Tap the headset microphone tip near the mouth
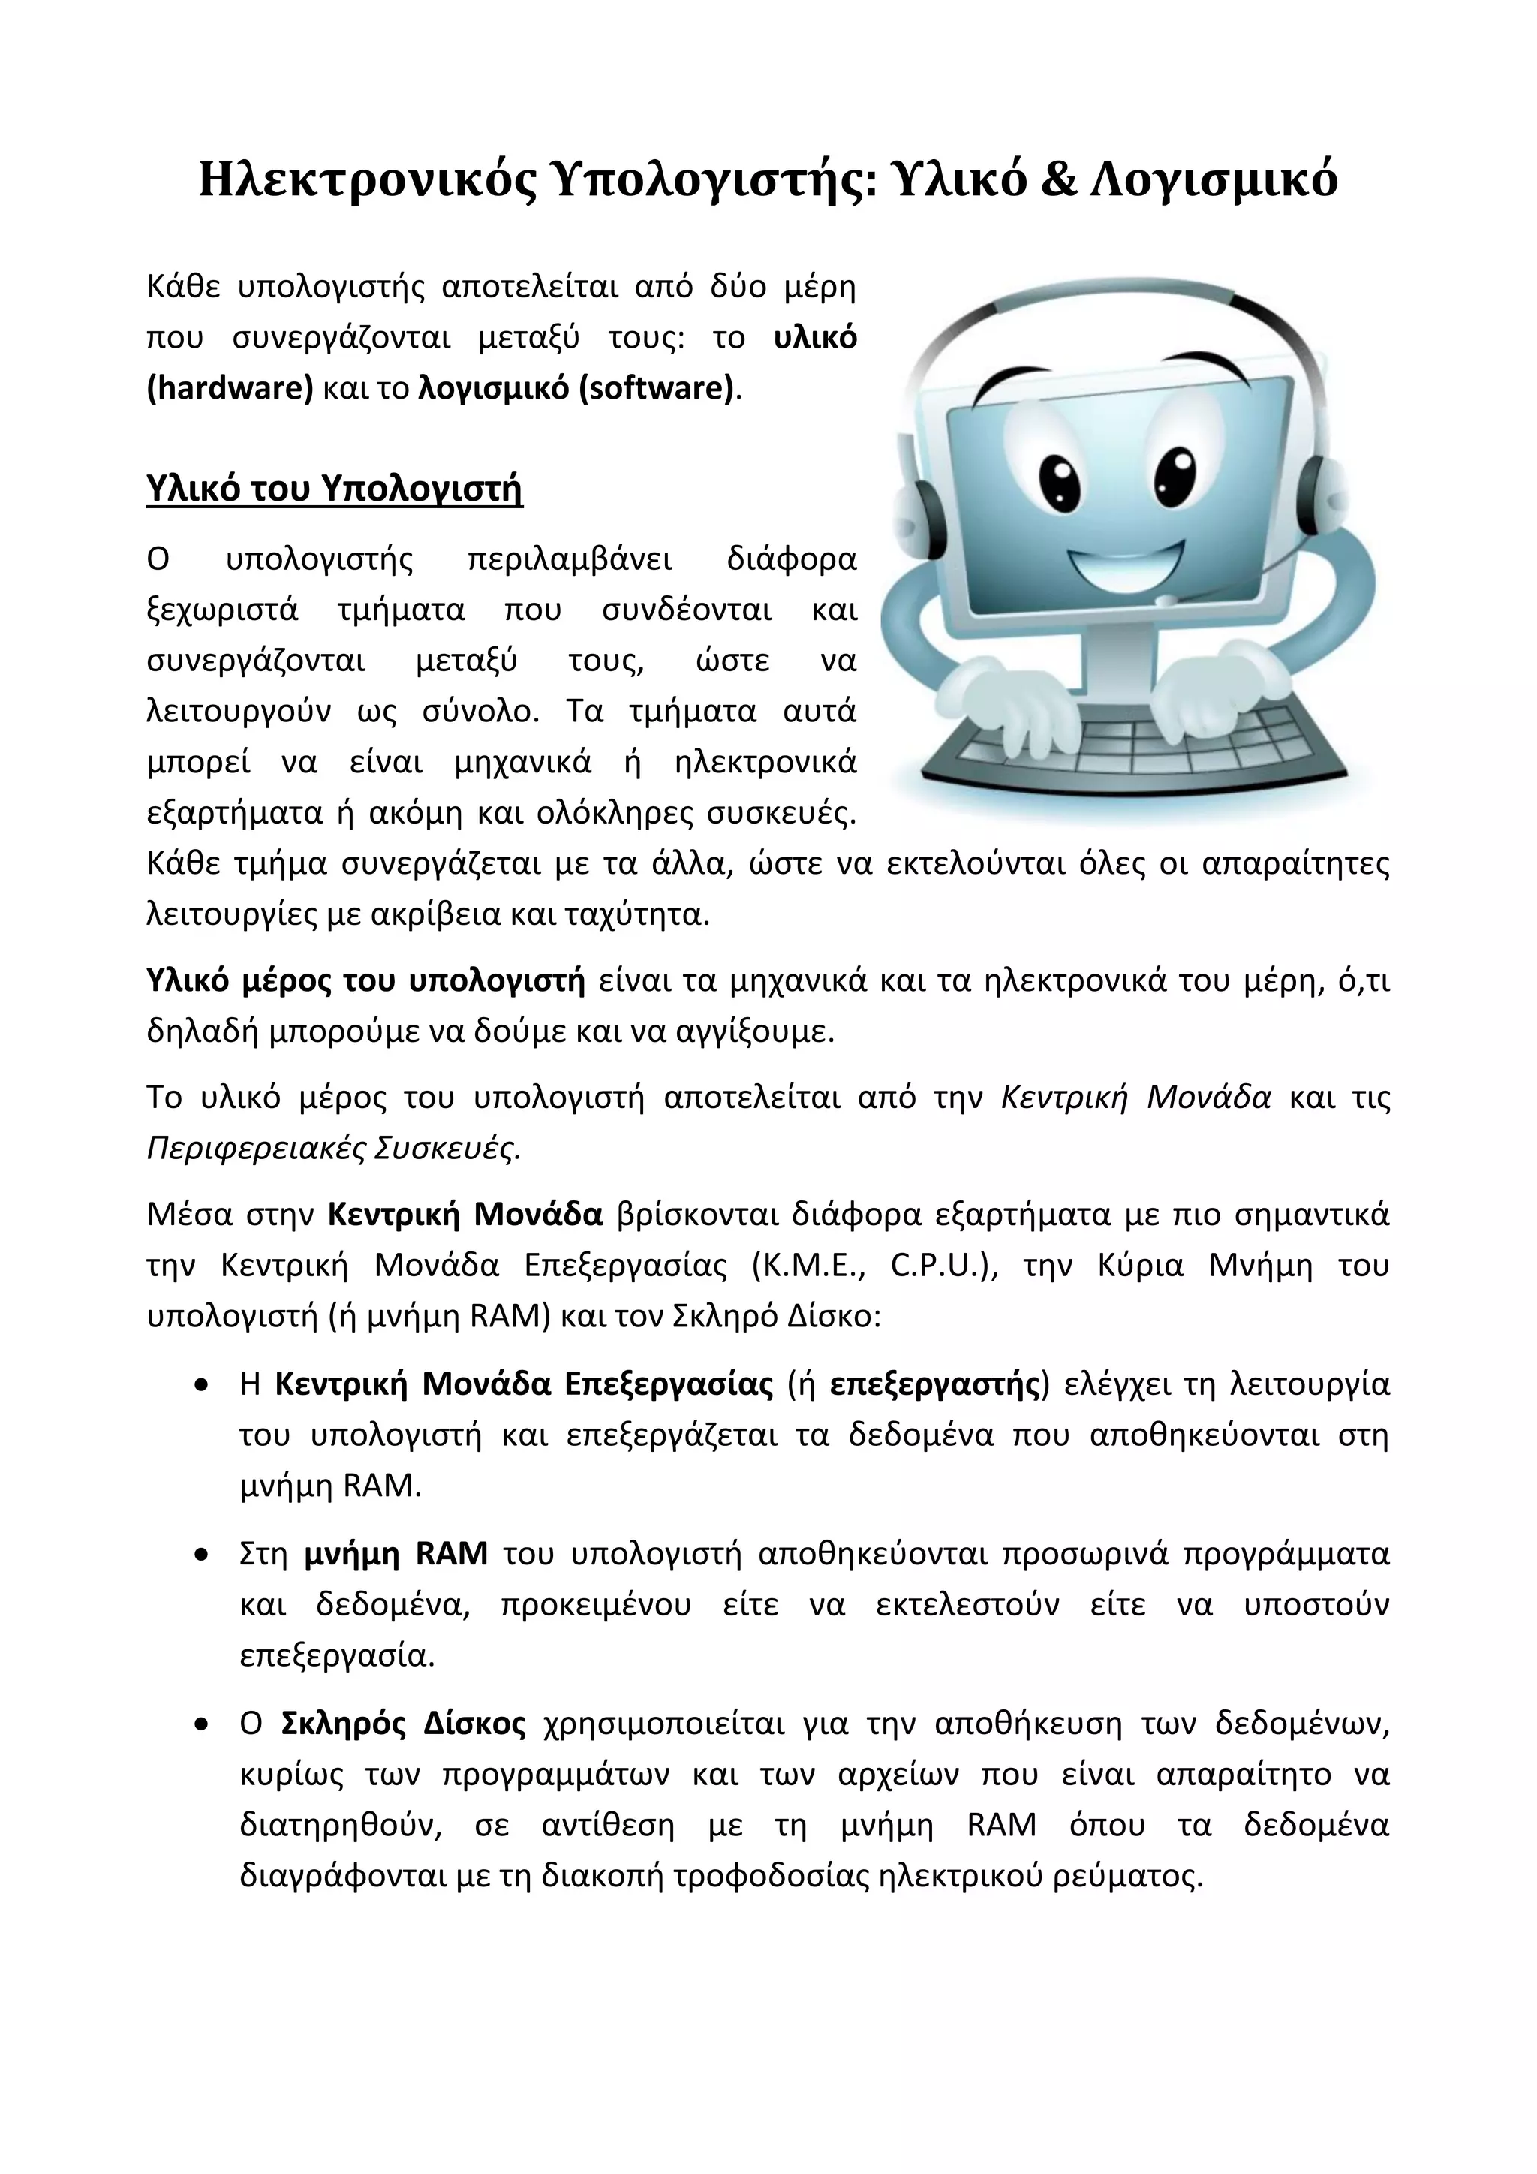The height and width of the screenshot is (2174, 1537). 1168,599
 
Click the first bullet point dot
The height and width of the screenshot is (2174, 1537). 200,1385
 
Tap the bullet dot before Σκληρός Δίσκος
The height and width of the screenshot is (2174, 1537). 200,1724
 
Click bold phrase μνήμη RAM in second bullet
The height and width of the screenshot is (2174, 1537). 396,1554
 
